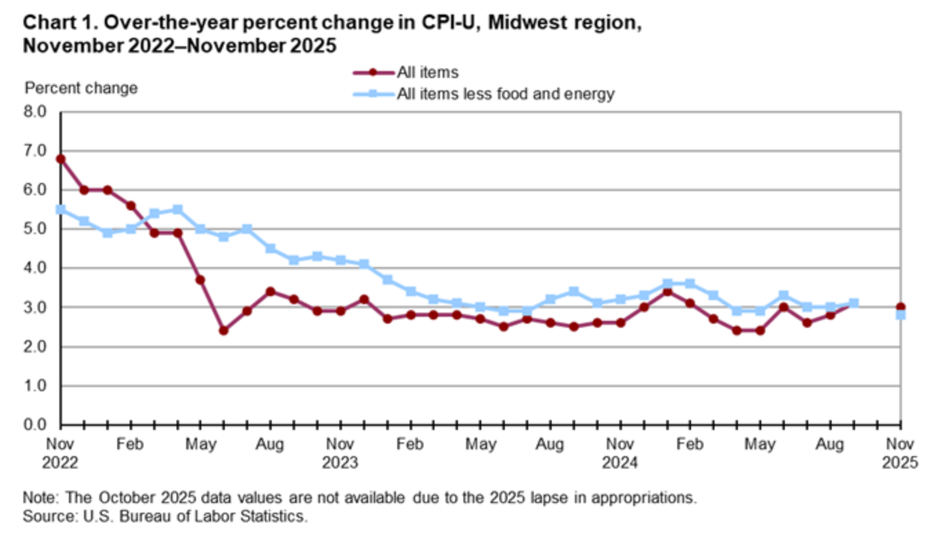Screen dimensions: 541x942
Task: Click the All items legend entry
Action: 428,72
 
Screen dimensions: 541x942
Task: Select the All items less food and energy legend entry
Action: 505,95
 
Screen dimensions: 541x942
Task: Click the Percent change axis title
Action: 81,88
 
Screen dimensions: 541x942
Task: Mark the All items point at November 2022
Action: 61,159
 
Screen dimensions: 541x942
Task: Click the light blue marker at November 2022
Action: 61,209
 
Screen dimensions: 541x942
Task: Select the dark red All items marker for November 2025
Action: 900,307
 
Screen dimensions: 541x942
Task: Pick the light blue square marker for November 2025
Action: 900,315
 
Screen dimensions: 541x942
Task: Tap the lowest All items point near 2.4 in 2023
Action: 223,331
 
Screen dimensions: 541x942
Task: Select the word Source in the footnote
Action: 44,516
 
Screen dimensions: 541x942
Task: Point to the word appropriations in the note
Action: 646,498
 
